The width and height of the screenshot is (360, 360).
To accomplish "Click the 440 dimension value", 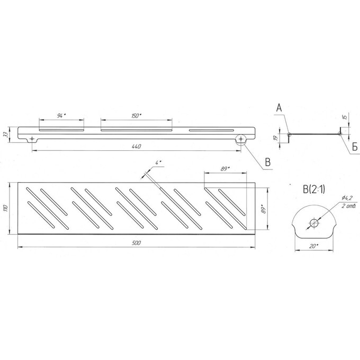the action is point(137,146).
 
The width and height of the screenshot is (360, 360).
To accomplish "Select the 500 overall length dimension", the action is point(137,243).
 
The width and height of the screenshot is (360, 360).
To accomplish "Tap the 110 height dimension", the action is point(6,208).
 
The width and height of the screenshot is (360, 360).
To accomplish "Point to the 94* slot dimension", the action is point(61,116).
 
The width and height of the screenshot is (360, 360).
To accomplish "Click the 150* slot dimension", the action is point(137,116).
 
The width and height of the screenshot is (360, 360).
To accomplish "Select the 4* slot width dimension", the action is point(158,163).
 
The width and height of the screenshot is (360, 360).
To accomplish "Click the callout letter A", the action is point(279,107).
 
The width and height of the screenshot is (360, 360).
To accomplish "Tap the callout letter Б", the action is point(355,147).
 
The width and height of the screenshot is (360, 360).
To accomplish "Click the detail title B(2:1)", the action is point(314,190).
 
